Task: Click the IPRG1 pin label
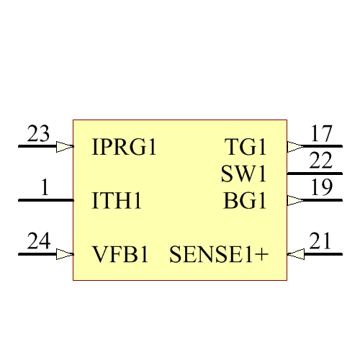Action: point(125,148)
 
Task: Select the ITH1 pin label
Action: point(117,201)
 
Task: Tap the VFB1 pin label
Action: point(120,254)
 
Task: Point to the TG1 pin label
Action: point(246,148)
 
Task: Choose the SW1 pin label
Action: point(243,174)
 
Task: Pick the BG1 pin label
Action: point(245,201)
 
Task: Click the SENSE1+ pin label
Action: point(218,254)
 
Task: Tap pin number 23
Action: point(39,134)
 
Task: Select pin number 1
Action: point(45,188)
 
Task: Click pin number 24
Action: point(39,241)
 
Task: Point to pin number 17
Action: point(321,134)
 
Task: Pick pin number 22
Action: point(321,161)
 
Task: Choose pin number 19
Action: point(321,188)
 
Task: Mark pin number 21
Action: point(321,241)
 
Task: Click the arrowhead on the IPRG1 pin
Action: point(65,147)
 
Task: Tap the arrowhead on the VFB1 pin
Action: point(65,254)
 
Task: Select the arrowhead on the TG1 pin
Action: point(295,147)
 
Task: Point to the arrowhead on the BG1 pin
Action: point(295,201)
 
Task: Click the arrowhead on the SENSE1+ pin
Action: point(295,254)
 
